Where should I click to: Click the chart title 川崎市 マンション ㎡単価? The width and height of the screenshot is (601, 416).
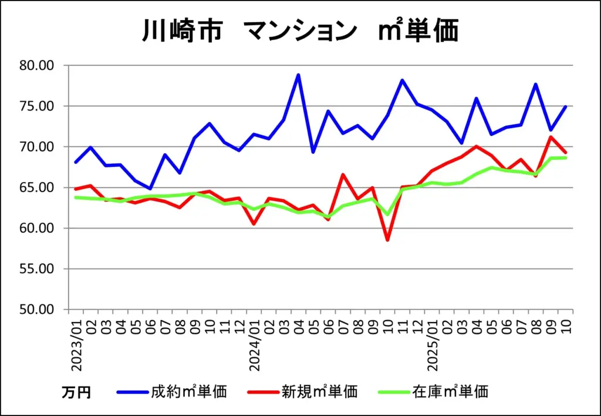(x=300, y=31)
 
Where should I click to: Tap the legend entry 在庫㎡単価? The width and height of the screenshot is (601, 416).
(x=450, y=391)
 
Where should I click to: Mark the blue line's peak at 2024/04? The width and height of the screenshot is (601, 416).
(x=298, y=75)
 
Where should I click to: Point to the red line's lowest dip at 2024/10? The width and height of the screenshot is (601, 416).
(x=387, y=240)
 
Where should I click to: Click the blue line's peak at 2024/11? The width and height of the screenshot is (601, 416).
(x=403, y=80)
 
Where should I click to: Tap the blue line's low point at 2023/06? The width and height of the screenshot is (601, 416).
(x=150, y=189)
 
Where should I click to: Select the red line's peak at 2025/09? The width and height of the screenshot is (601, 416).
(x=551, y=137)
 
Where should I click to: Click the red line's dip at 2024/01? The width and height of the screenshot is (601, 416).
(x=254, y=224)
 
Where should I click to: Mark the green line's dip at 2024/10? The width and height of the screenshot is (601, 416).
(x=387, y=214)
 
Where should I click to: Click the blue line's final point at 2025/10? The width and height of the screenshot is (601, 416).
(x=566, y=106)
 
